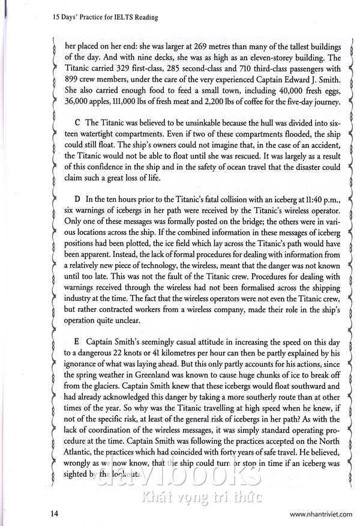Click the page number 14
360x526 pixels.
pyautogui.click(x=55, y=515)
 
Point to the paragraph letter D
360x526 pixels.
pyautogui.click(x=77, y=198)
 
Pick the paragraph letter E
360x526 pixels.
pyautogui.click(x=76, y=341)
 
